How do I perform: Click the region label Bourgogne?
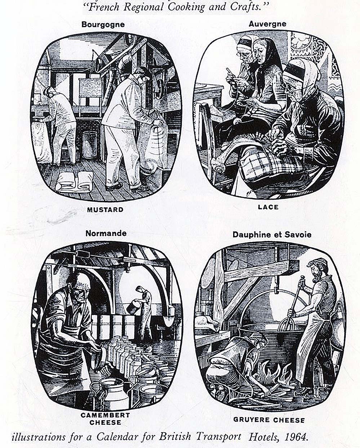pyautogui.click(x=103, y=25)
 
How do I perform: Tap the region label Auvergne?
pyautogui.click(x=267, y=24)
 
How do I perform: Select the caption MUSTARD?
pyautogui.click(x=105, y=210)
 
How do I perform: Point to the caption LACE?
pyautogui.click(x=268, y=207)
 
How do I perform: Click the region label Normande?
pyautogui.click(x=106, y=233)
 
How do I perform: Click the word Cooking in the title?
pyautogui.click(x=186, y=7)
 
